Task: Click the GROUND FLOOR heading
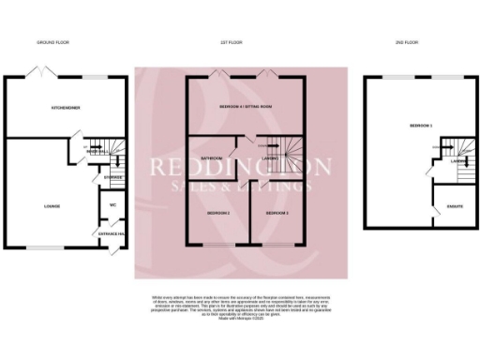coord(53,43)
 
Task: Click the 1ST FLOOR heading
coord(232,43)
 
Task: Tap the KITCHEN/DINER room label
coord(65,109)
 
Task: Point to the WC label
coord(112,204)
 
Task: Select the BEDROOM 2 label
coord(217,214)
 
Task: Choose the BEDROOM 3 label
coord(276,214)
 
